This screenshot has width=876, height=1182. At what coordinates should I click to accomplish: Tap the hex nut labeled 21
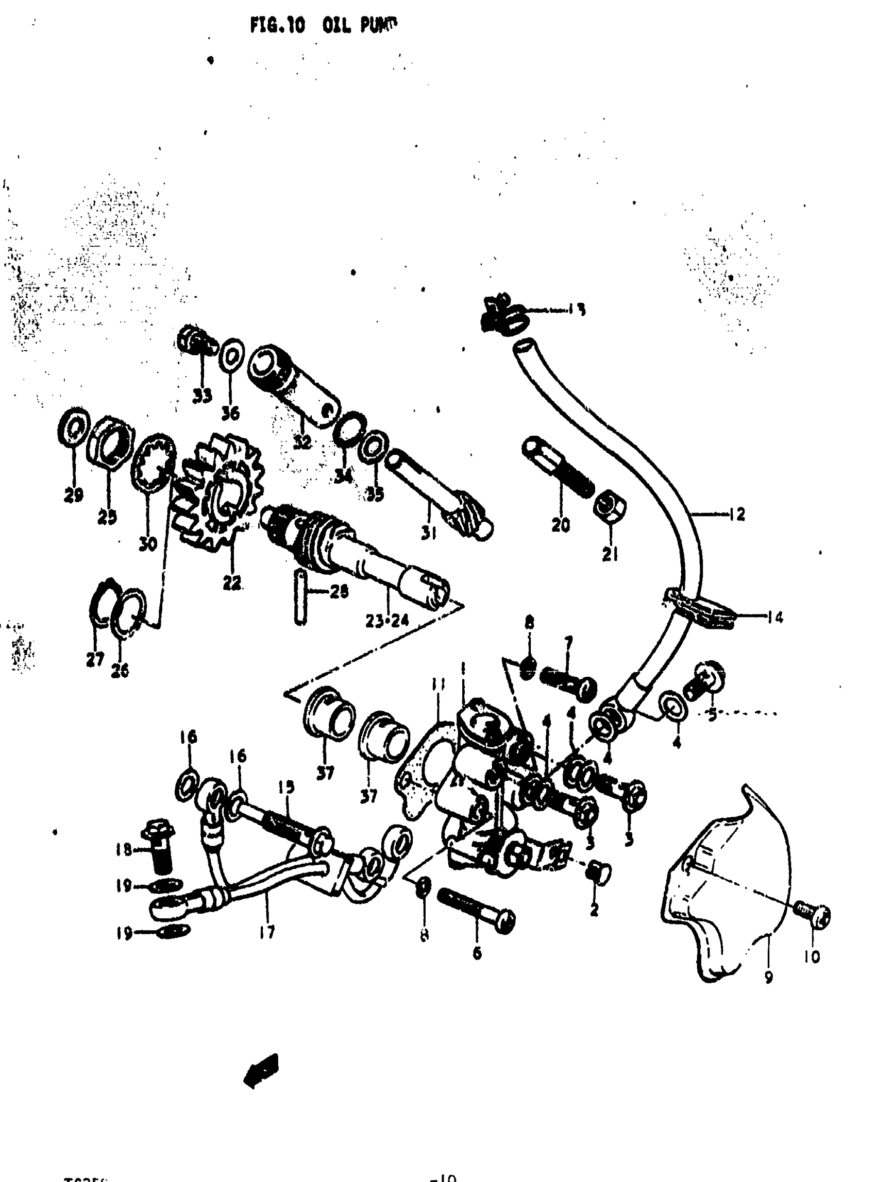pyautogui.click(x=610, y=508)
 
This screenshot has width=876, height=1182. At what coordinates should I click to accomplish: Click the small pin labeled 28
pyautogui.click(x=300, y=597)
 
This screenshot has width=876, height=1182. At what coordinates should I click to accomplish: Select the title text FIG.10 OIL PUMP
pyautogui.click(x=324, y=25)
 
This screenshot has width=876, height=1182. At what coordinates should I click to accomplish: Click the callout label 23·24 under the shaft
pyautogui.click(x=387, y=621)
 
